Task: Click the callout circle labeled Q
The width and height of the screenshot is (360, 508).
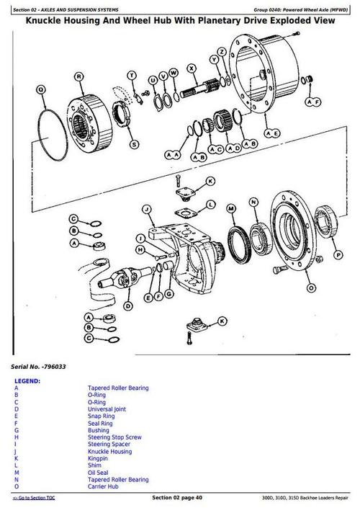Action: point(41,89)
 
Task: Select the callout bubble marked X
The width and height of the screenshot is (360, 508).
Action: point(192,68)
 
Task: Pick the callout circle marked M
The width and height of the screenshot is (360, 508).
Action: point(231,209)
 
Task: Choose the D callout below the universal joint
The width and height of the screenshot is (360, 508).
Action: point(129,306)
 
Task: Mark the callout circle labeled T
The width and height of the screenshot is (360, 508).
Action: point(131,75)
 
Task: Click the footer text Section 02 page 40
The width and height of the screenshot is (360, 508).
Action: point(182,498)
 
